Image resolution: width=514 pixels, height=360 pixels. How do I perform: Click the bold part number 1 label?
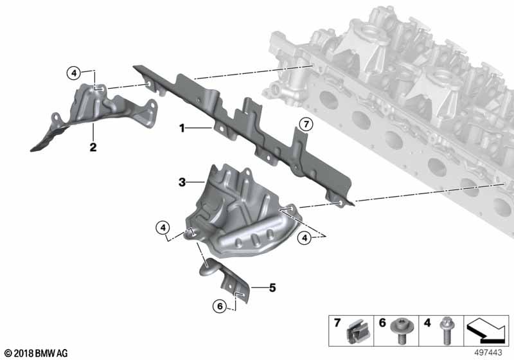click(182, 128)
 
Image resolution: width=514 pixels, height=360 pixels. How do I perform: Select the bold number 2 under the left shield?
click(93, 147)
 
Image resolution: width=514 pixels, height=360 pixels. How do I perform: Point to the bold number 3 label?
click(182, 182)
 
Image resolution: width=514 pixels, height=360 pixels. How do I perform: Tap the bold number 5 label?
click(272, 288)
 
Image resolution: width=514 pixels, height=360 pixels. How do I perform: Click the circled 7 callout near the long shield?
click(306, 125)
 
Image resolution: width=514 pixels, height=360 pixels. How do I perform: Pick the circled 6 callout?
click(220, 306)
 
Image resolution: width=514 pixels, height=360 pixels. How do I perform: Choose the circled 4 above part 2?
click(74, 73)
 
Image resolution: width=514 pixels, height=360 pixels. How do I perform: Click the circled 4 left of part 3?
click(163, 227)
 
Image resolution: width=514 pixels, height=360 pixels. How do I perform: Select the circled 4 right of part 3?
click(305, 238)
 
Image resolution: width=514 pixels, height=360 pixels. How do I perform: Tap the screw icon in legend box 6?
click(402, 331)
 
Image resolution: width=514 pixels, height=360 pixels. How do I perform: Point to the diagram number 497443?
click(488, 353)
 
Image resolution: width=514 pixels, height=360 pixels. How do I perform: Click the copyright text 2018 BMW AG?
click(37, 353)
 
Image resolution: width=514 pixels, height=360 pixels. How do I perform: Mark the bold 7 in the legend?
click(337, 323)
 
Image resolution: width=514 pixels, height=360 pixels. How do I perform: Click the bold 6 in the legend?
click(382, 323)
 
